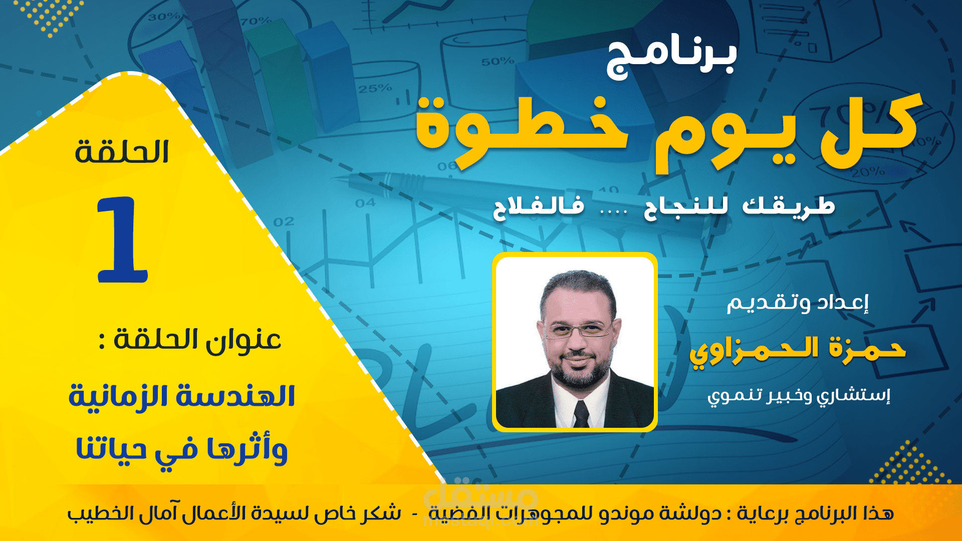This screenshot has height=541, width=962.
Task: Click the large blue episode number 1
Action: pyautogui.click(x=123, y=240)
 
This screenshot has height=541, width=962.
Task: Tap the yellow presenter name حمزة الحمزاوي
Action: pyautogui.click(x=797, y=351)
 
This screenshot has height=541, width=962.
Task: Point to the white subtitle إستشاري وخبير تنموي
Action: pyautogui.click(x=799, y=396)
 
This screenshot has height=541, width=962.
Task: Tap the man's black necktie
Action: pyautogui.click(x=581, y=413)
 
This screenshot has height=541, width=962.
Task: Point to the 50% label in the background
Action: pyautogui.click(x=498, y=62)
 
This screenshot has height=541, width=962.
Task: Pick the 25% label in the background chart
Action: pyautogui.click(x=375, y=89)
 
